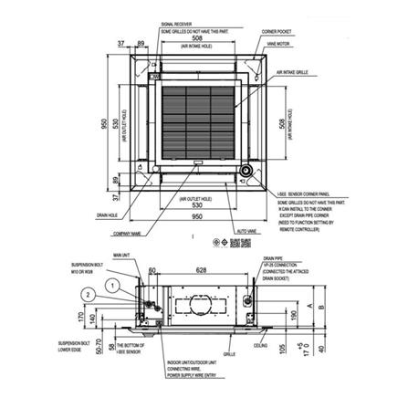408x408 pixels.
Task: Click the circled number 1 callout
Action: pyautogui.click(x=113, y=284)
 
